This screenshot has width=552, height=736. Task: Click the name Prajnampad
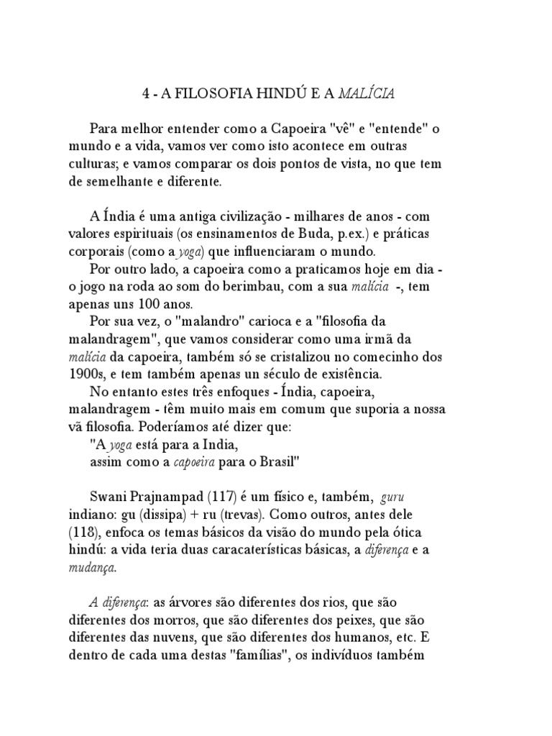[x=167, y=498]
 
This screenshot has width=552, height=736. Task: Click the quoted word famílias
[x=278, y=655]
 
